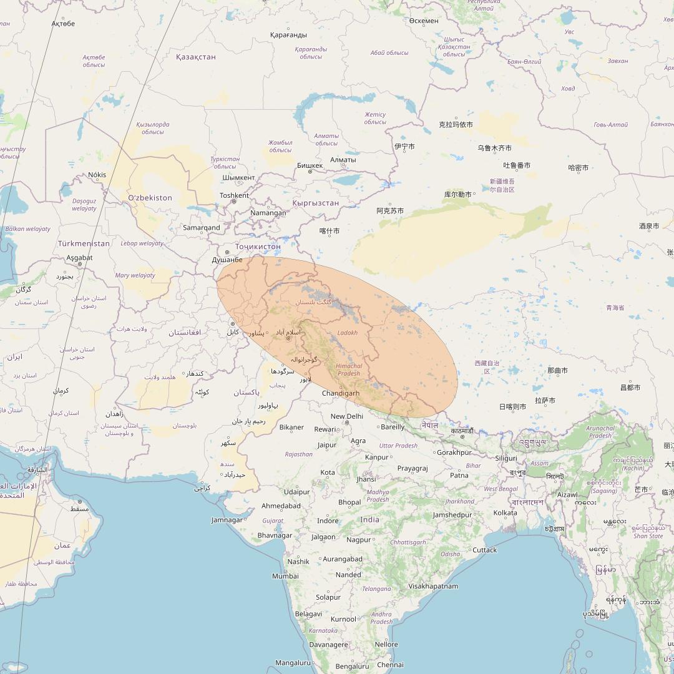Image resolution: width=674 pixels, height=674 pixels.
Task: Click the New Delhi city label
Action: (x=346, y=416)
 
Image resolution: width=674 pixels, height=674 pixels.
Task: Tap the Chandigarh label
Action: (x=341, y=393)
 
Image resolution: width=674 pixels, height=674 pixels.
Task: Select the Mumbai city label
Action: (x=285, y=576)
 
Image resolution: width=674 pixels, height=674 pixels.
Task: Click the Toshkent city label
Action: (x=235, y=195)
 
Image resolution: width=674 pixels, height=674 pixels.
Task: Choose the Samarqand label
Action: (x=202, y=228)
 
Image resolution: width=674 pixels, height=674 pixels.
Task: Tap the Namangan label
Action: (x=268, y=213)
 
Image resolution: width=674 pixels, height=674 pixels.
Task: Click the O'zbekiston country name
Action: (x=150, y=198)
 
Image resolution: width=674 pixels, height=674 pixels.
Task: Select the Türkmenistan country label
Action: (x=84, y=243)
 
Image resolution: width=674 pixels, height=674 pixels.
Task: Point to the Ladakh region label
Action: (x=347, y=333)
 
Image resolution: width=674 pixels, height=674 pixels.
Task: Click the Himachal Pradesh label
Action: (x=349, y=369)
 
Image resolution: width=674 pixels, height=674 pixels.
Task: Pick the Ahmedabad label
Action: (x=281, y=506)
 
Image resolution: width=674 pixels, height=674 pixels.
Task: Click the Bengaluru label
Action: (x=352, y=666)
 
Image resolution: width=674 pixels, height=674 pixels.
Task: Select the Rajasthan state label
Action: (x=298, y=454)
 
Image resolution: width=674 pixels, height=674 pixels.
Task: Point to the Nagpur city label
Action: (x=359, y=539)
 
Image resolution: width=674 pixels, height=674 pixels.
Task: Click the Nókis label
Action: (x=97, y=175)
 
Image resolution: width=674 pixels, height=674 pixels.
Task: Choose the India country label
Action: (x=369, y=519)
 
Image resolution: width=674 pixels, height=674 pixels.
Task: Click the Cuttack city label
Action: (x=484, y=550)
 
